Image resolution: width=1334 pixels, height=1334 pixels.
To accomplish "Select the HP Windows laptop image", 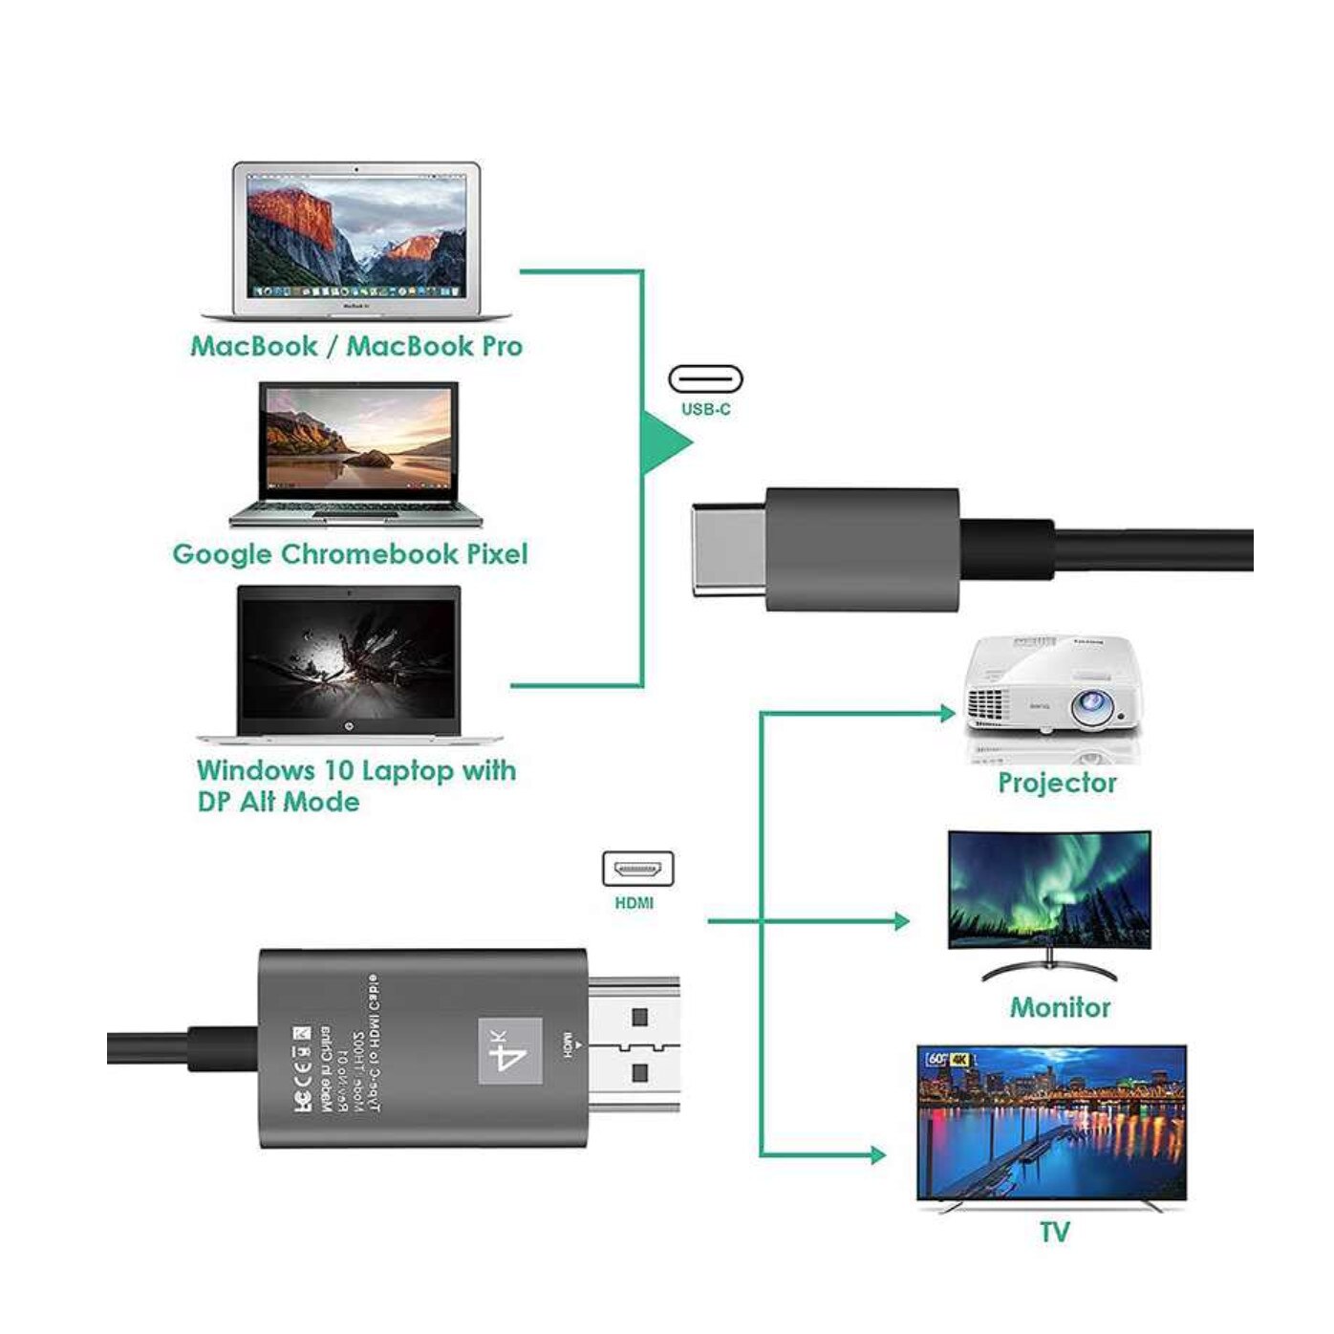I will [x=350, y=663].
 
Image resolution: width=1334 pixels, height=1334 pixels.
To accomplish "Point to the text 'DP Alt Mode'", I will [x=278, y=802].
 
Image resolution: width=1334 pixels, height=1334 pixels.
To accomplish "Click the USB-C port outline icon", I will [x=705, y=379].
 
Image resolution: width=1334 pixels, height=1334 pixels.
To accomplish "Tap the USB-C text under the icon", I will [x=705, y=410].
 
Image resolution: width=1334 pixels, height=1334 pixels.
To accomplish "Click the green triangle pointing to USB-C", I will [x=664, y=441].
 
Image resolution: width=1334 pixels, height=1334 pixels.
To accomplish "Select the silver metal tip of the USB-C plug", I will [x=727, y=549].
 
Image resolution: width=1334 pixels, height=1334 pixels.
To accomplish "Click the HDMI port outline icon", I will [x=637, y=870].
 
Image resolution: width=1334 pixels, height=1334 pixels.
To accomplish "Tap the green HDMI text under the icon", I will [x=635, y=903].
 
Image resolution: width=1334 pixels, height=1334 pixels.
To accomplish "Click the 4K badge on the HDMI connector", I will [x=510, y=1051].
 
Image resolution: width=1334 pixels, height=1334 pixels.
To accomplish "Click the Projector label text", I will [x=1057, y=784].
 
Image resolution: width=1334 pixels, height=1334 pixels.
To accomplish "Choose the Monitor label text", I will [x=1060, y=1007].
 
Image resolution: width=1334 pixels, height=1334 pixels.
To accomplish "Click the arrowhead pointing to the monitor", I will [x=900, y=921].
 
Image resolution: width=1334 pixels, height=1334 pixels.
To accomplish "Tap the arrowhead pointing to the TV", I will [x=877, y=1155].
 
